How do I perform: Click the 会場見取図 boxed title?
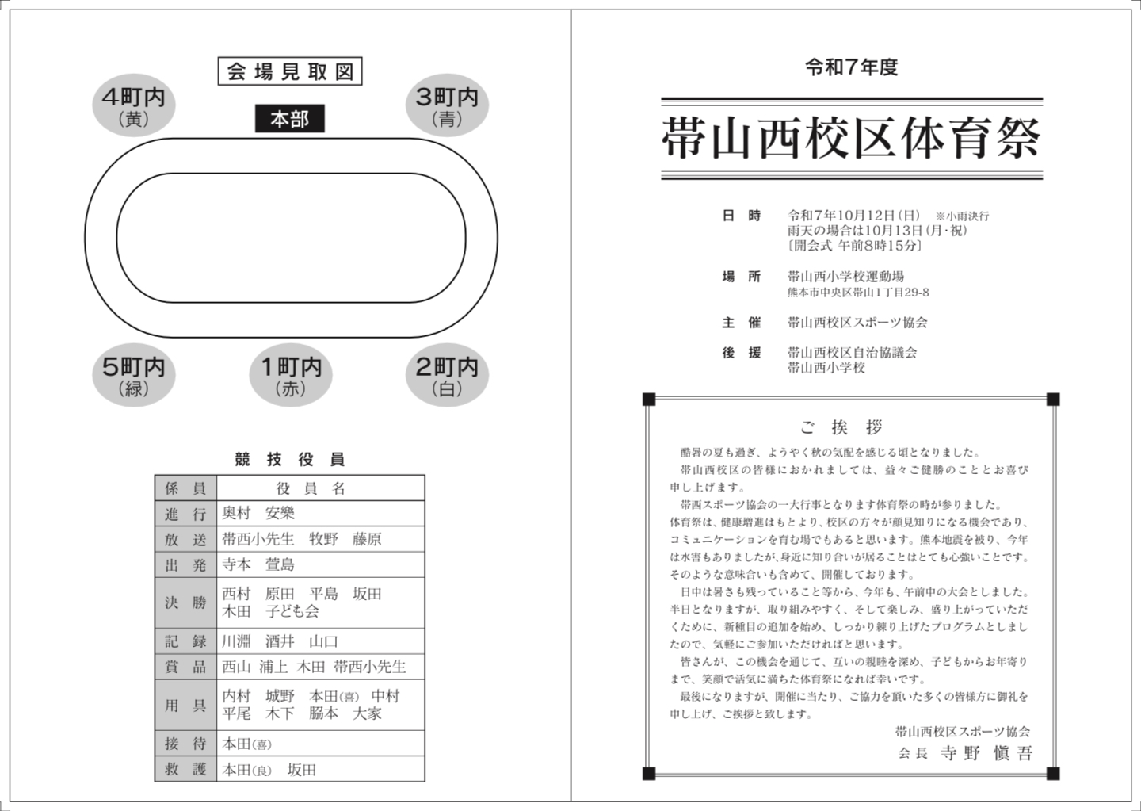(290, 72)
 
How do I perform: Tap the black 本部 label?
(289, 120)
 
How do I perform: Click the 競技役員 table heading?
(290, 459)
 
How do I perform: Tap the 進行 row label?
(185, 514)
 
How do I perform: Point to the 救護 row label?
(185, 769)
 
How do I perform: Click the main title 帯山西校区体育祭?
(851, 140)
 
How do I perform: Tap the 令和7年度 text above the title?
(851, 68)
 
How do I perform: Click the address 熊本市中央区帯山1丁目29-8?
(858, 293)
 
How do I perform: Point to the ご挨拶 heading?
(841, 427)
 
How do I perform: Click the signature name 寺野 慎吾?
(986, 753)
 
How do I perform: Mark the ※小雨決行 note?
(962, 216)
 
